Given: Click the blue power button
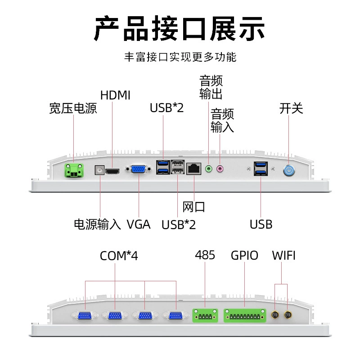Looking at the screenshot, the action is point(289,171).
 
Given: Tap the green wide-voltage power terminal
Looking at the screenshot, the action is point(74,171).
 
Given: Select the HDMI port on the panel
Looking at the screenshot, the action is point(112,171).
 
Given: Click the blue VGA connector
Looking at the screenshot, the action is point(138,170).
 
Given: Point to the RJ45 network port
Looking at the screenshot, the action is point(194,169).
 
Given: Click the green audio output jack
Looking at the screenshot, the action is point(208,169).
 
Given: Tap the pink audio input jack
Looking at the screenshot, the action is point(220,169).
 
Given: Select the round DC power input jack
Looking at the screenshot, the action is point(99,170).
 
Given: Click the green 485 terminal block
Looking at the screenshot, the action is point(205,316).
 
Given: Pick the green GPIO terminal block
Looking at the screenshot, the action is point(245,316).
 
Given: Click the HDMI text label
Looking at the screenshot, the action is point(115,95).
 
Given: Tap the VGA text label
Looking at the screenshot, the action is point(139,224).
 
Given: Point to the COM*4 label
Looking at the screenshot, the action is point(119,256).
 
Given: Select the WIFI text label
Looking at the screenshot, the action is point(284,255).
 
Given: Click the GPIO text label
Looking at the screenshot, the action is point(244,255).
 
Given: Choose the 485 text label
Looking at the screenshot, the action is point(205,255).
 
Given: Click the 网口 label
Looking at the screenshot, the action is point(193,207).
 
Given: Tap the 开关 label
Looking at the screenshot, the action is point(291,108).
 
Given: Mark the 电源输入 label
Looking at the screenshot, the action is point(97,224).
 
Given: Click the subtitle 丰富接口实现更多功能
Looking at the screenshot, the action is point(180,57).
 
